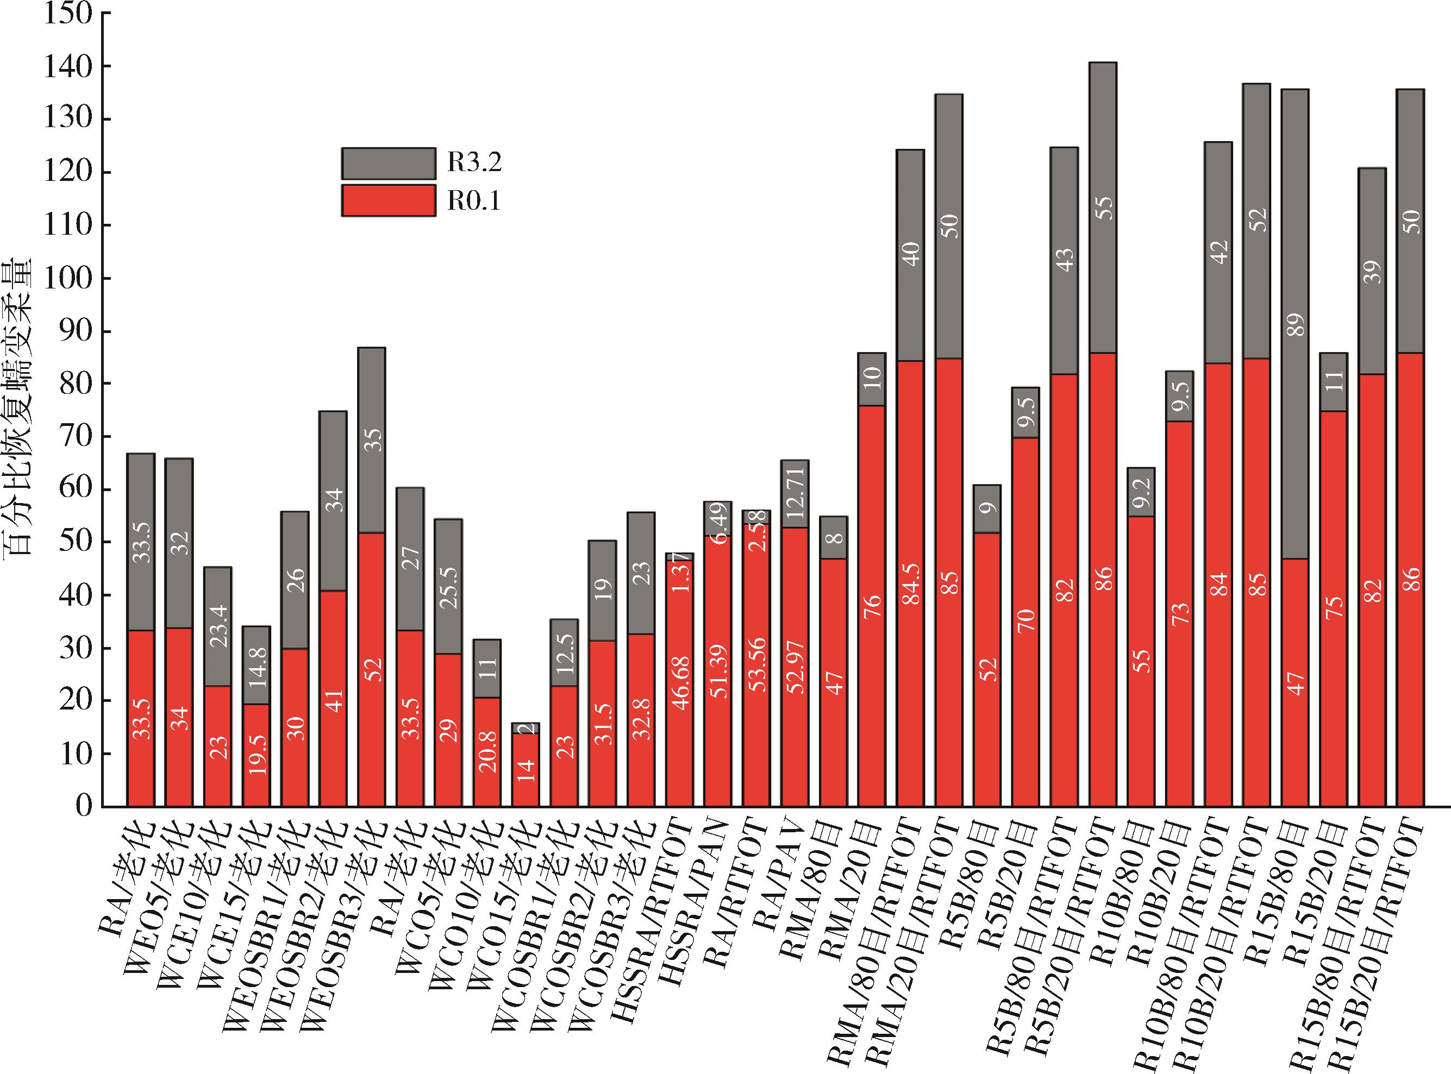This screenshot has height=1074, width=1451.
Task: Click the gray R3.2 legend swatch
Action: point(388,163)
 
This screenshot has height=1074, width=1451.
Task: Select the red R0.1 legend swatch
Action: point(388,200)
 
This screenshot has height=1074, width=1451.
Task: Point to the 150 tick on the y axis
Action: point(67,14)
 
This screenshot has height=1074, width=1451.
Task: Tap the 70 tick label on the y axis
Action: point(67,437)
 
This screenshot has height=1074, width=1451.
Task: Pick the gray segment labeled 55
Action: point(1103,208)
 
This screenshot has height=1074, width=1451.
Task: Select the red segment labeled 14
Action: point(526,770)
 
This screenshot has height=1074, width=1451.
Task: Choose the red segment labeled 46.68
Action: point(680,683)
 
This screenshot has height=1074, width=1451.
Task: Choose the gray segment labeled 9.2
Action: point(1141,492)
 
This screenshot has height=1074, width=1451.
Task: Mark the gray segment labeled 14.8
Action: point(257,665)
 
